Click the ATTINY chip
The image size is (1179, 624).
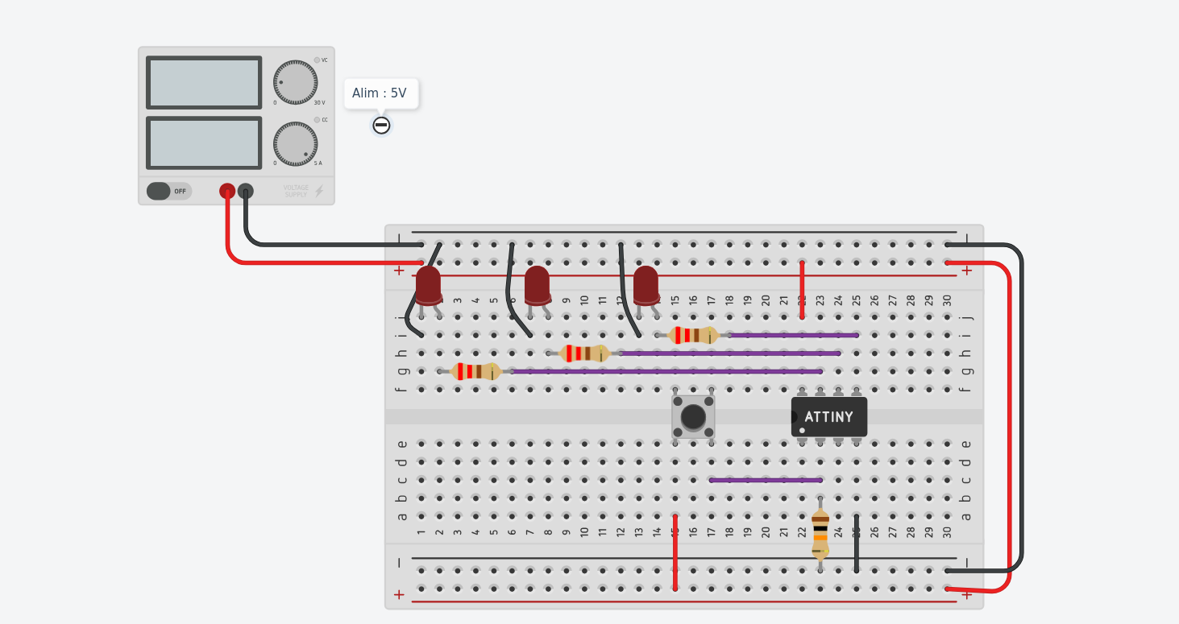pos(828,417)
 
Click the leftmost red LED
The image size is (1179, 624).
pos(428,286)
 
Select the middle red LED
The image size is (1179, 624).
pos(538,286)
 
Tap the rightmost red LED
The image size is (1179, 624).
pos(646,286)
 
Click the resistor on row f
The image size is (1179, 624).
pos(475,371)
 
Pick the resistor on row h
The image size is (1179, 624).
pos(585,353)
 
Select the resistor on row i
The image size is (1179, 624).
pos(693,335)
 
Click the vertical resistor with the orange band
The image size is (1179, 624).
pos(820,533)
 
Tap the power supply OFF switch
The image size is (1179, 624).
pos(168,191)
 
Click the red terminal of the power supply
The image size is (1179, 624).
pos(227,191)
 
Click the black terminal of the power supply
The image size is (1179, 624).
pos(246,191)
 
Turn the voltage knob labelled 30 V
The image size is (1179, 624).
pos(295,82)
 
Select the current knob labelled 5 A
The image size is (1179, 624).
pos(295,144)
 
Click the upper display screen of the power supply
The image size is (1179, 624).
pos(204,82)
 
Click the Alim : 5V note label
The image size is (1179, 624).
pos(380,93)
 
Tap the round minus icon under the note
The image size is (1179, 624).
pos(381,126)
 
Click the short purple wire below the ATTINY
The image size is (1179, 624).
pos(766,480)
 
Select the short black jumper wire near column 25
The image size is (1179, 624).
pos(857,543)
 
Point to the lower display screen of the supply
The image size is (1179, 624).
pos(204,143)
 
